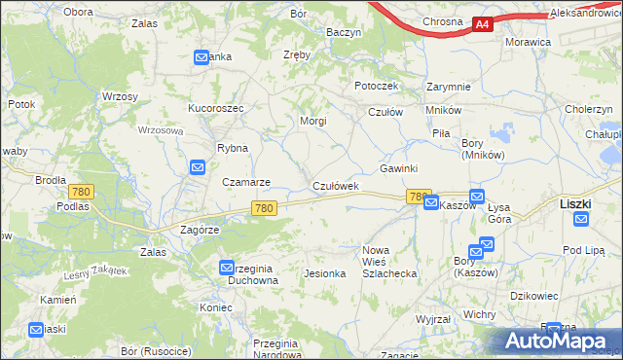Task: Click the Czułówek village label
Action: (336, 185)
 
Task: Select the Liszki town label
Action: (577, 203)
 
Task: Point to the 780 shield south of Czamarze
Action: (264, 208)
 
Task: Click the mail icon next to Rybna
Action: (198, 167)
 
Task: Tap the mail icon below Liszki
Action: (581, 220)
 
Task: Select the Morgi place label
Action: (312, 122)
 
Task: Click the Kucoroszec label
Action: (215, 107)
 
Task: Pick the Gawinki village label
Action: (398, 168)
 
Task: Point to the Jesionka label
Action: (325, 273)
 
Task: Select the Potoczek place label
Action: (377, 86)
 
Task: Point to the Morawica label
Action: (529, 43)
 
